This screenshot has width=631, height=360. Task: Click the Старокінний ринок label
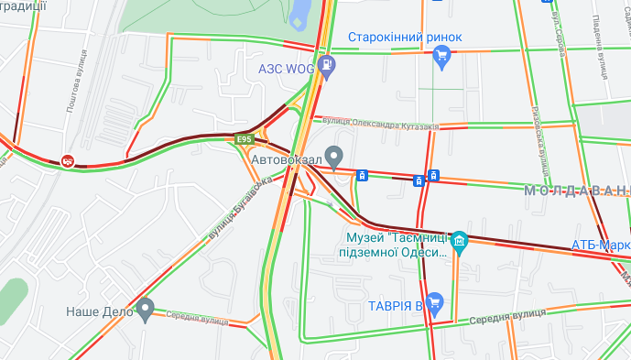pos(405,38)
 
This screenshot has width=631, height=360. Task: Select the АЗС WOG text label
pos(287,68)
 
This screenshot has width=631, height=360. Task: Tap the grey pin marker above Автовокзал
pos(334,155)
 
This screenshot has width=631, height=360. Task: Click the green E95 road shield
pos(244,139)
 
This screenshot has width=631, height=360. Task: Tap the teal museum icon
pos(460,243)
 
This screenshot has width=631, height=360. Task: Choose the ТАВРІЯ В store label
pos(395,304)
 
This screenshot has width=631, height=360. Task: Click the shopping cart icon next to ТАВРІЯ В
pos(435,301)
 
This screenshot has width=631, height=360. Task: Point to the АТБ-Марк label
pos(600,245)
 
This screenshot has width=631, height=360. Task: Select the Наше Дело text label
pos(100,311)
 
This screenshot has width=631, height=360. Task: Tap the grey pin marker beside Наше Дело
pos(145,311)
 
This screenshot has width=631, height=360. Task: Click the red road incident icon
pos(68,161)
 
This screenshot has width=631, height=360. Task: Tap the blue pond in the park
pos(299,14)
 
